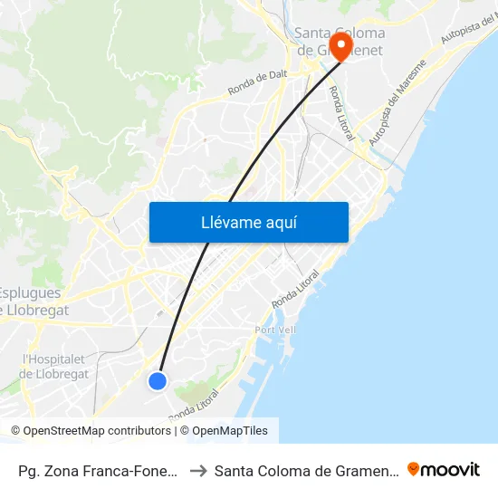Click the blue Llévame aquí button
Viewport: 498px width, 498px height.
pyautogui.click(x=248, y=222)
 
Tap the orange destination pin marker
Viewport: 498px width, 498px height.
pyautogui.click(x=341, y=45)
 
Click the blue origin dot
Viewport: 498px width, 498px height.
pyautogui.click(x=158, y=381)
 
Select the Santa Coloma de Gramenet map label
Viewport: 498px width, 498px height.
pyautogui.click(x=340, y=42)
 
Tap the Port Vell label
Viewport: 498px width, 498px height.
pyautogui.click(x=275, y=330)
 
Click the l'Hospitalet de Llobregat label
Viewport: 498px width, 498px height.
pyautogui.click(x=54, y=366)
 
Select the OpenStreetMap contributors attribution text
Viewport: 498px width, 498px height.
pyautogui.click(x=91, y=431)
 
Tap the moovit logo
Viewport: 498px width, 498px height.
pyautogui.click(x=444, y=469)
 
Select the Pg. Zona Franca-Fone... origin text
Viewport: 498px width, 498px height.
pyautogui.click(x=95, y=470)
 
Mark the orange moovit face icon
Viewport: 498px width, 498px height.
pyautogui.click(x=415, y=469)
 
